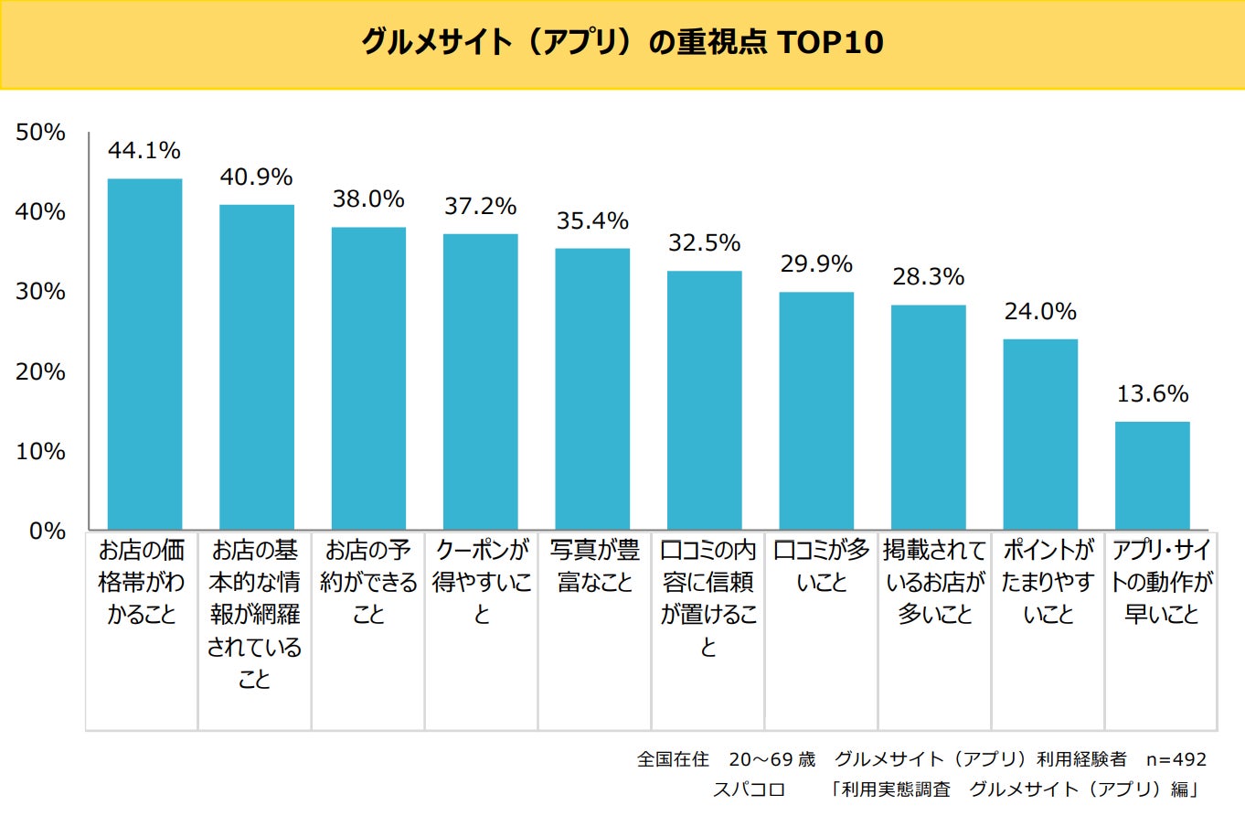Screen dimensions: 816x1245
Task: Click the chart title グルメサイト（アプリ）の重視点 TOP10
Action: pyautogui.click(x=622, y=43)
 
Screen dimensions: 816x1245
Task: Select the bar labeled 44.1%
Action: pyautogui.click(x=144, y=354)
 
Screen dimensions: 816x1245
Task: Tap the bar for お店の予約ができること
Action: pyautogui.click(x=368, y=378)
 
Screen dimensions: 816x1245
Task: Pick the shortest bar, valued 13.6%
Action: pyautogui.click(x=1152, y=475)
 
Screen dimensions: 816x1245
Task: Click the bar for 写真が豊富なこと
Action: pyautogui.click(x=592, y=389)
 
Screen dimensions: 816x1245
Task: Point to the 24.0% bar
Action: pyautogui.click(x=1040, y=434)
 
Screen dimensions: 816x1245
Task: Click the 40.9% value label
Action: pyautogui.click(x=256, y=176)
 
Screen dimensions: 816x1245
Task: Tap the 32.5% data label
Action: pyautogui.click(x=704, y=242)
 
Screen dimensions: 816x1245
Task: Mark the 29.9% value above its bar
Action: pyautogui.click(x=815, y=263)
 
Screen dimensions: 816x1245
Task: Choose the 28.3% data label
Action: pyautogui.click(x=928, y=276)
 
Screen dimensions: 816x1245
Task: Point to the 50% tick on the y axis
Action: pyautogui.click(x=40, y=133)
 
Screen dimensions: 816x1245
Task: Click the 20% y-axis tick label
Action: pyautogui.click(x=40, y=371)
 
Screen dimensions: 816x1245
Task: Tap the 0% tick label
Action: pyautogui.click(x=47, y=531)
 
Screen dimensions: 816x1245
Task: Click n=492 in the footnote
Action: pyautogui.click(x=1176, y=759)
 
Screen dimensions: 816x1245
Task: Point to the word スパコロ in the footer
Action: pyautogui.click(x=748, y=789)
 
